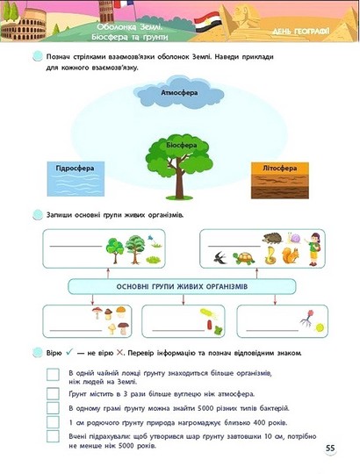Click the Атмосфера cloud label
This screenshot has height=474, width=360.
pyautogui.click(x=179, y=93)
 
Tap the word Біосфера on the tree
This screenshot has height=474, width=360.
pyautogui.click(x=182, y=146)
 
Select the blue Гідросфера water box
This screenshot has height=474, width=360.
pyautogui.click(x=76, y=179)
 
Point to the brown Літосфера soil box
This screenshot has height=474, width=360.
pyautogui.click(x=280, y=181)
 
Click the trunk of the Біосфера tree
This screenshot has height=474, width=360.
pyautogui.click(x=179, y=183)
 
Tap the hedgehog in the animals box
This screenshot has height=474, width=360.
pyautogui.click(x=273, y=238)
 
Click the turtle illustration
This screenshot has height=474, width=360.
pyautogui.click(x=244, y=258)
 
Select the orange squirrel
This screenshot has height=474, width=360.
pyautogui.click(x=290, y=255)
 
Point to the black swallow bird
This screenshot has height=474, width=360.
pyautogui.click(x=220, y=257)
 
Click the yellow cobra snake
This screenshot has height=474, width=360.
pyautogui.click(x=270, y=255)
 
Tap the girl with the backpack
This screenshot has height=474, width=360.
pyautogui.click(x=313, y=249)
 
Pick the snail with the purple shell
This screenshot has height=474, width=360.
pyautogui.click(x=294, y=238)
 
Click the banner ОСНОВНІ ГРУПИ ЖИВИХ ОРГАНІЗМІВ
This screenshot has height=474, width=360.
pyautogui.click(x=182, y=286)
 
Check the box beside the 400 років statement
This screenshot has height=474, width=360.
pyautogui.click(x=53, y=422)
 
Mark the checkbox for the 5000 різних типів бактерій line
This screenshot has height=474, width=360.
pyautogui.click(x=53, y=408)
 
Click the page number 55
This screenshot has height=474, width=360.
pyautogui.click(x=330, y=448)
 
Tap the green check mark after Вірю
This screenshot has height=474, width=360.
pyautogui.click(x=69, y=352)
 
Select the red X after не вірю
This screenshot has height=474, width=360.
pyautogui.click(x=120, y=353)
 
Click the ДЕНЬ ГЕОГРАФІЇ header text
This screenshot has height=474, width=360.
pyautogui.click(x=300, y=31)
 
